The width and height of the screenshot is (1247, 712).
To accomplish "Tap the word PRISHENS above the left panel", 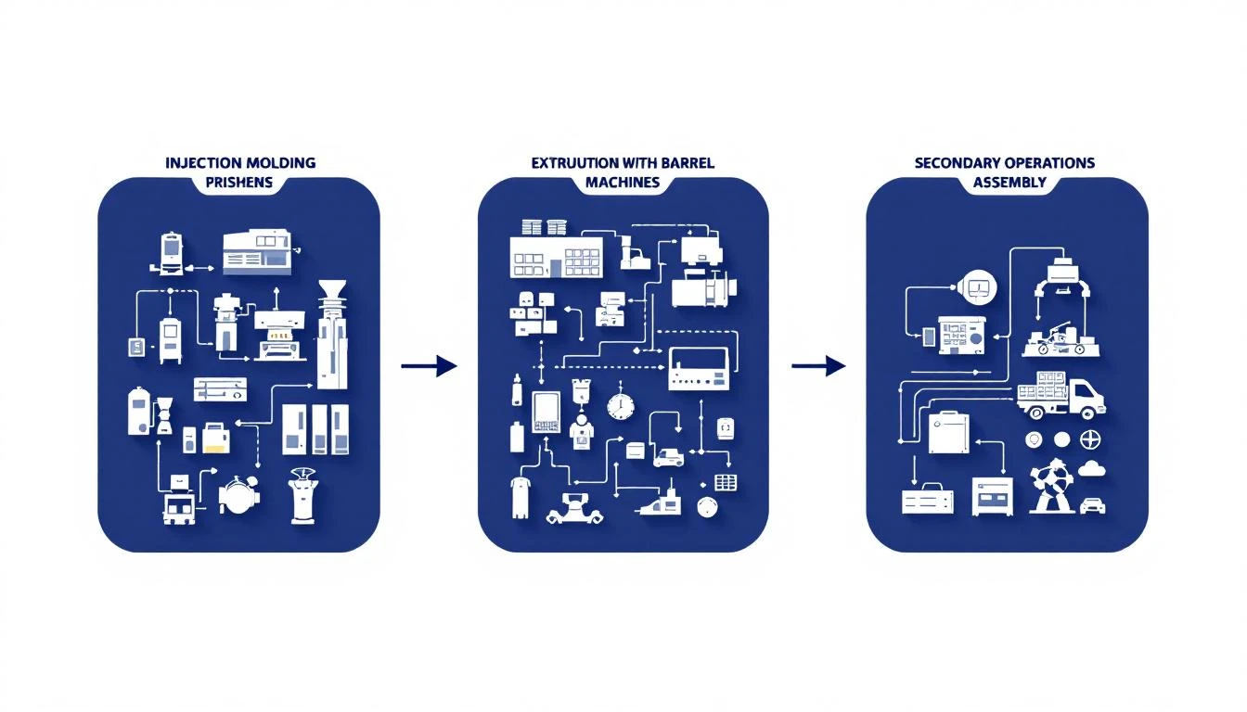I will (x=238, y=182).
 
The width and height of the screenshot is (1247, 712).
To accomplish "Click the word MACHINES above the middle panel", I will (x=623, y=182).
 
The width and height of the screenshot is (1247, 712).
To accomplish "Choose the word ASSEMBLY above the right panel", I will (x=1009, y=182).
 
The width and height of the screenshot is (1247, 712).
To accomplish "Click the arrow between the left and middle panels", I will (x=429, y=366).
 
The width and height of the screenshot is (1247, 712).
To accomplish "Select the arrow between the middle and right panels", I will (x=818, y=366).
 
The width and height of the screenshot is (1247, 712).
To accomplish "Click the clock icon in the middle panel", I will (x=620, y=405).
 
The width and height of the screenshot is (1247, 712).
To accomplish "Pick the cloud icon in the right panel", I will (x=1091, y=468).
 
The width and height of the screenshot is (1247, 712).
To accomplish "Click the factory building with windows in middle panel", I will (x=555, y=255).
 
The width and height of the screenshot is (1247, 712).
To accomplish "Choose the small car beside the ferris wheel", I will (x=1092, y=505).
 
